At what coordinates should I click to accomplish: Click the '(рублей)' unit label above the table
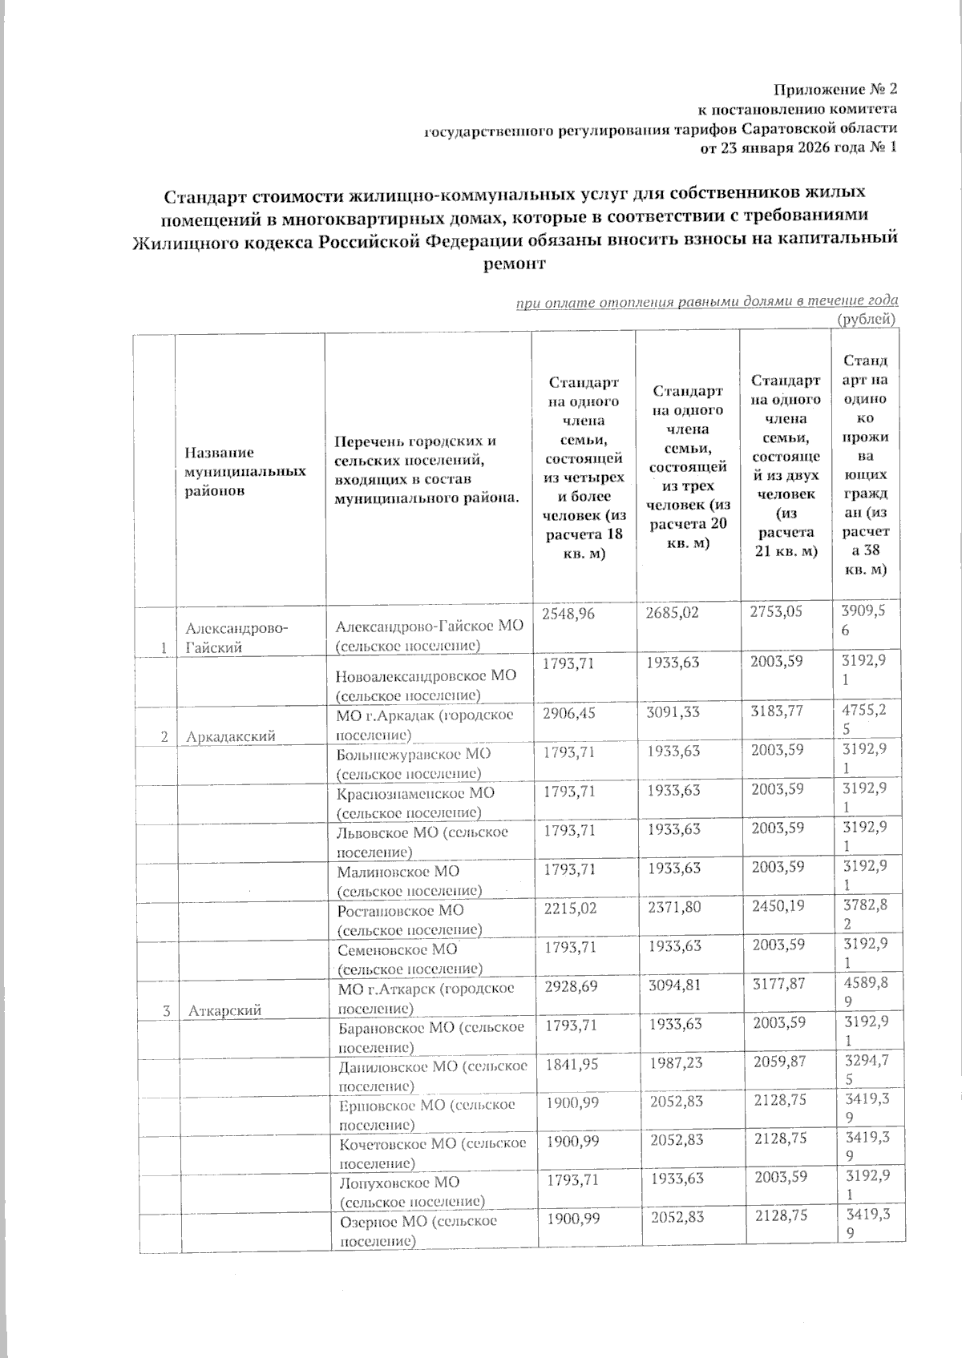tap(866, 320)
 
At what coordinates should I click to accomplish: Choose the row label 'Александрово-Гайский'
tap(238, 637)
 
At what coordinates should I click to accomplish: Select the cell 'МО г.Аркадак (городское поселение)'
tap(426, 724)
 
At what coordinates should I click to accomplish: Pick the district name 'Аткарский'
tap(225, 1012)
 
